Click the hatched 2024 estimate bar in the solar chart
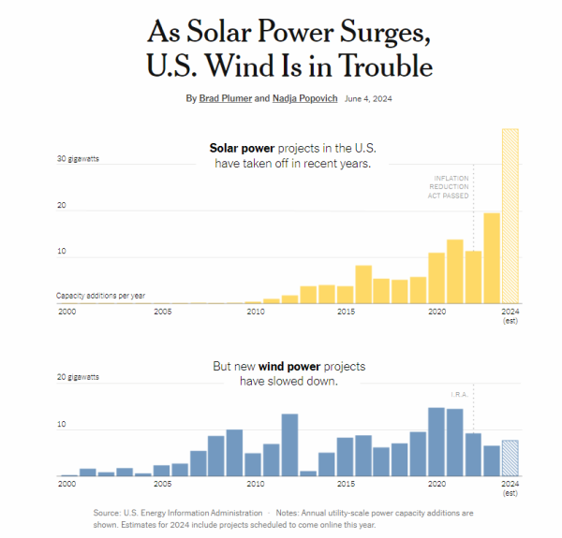pos(510,216)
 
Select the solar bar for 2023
pos(492,258)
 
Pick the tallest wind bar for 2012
pos(289,444)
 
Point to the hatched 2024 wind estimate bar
pos(510,458)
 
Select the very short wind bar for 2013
pos(308,473)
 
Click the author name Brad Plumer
pos(226,98)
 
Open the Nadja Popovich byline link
pos(305,98)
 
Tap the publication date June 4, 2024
pos(369,98)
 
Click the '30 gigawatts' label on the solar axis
pos(78,159)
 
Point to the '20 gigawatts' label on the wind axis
pos(78,377)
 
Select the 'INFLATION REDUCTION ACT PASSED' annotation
pos(451,187)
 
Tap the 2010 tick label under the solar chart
pos(255,312)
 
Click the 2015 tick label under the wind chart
pos(346,484)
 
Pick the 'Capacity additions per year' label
pos(101,296)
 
